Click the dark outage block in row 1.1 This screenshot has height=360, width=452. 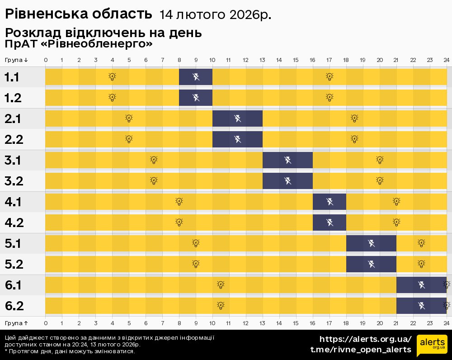pyautogui.click(x=196, y=77)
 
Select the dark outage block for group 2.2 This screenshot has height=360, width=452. pyautogui.click(x=237, y=139)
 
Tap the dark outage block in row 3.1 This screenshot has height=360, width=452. pyautogui.click(x=287, y=160)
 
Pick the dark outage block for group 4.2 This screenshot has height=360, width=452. pyautogui.click(x=330, y=223)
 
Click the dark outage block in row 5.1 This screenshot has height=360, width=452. pyautogui.click(x=371, y=243)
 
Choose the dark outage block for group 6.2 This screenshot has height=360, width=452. pyautogui.click(x=421, y=306)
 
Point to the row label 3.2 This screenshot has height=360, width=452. pyautogui.click(x=13, y=181)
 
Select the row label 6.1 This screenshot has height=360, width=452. pyautogui.click(x=13, y=285)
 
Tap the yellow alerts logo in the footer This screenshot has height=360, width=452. pyautogui.click(x=431, y=345)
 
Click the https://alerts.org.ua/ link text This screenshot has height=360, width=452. pyautogui.click(x=366, y=339)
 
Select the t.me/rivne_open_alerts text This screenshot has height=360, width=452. pyautogui.click(x=361, y=350)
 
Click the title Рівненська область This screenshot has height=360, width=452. pyautogui.click(x=78, y=14)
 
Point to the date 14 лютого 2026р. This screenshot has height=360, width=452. pyautogui.click(x=215, y=15)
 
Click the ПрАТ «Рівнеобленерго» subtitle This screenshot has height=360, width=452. pyautogui.click(x=79, y=44)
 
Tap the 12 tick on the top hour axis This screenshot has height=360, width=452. pyautogui.click(x=245, y=60)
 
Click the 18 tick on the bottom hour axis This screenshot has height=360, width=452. pyautogui.click(x=346, y=322)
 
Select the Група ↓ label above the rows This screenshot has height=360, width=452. pyautogui.click(x=17, y=60)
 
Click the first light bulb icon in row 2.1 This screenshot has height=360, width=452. pyautogui.click(x=129, y=118)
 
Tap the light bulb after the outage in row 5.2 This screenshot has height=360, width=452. pyautogui.click(x=421, y=264)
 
